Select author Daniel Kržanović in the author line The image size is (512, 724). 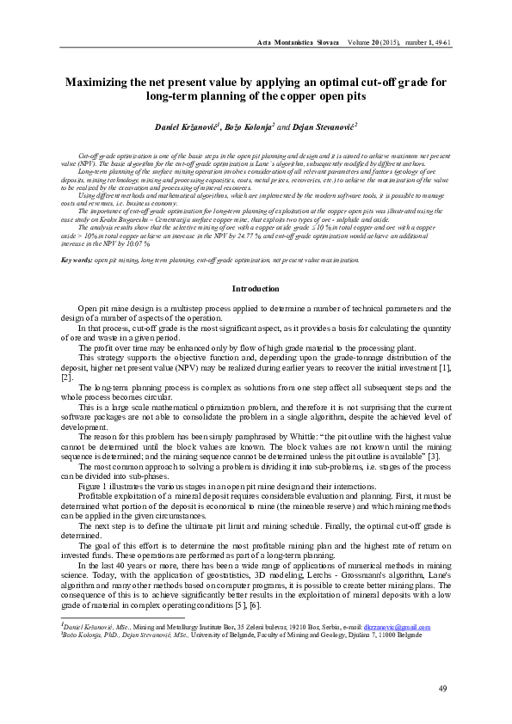[185, 127]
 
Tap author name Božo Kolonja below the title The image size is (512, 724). [248, 127]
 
